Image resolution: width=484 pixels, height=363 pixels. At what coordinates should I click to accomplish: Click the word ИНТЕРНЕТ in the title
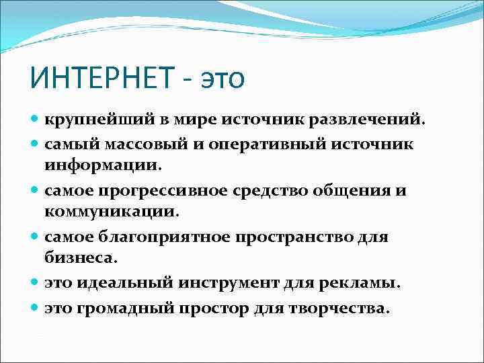(100, 78)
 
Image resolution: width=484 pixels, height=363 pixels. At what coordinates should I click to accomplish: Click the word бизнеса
(81, 259)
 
